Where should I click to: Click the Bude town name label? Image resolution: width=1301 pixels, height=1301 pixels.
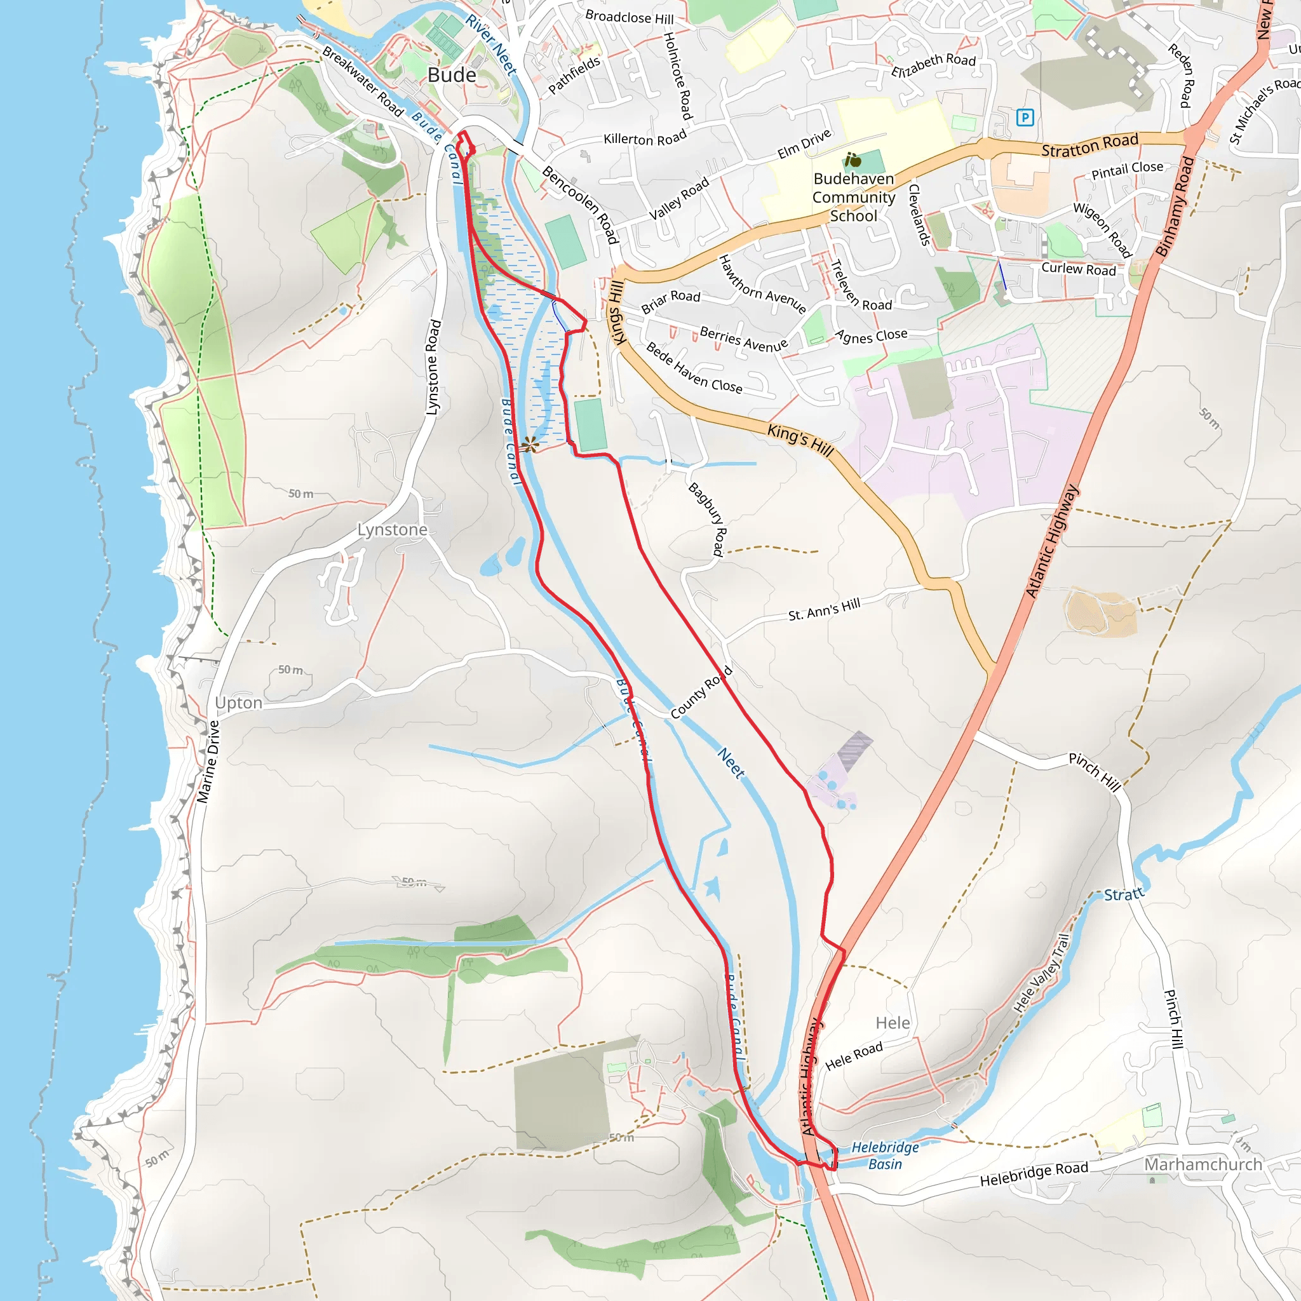click(x=452, y=75)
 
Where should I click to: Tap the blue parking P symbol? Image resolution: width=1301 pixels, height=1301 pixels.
click(x=1024, y=118)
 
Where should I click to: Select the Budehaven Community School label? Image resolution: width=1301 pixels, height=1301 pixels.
click(x=853, y=198)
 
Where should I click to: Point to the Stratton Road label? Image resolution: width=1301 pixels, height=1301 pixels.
click(x=1089, y=145)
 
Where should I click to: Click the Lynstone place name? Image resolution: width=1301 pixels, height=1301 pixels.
click(x=392, y=530)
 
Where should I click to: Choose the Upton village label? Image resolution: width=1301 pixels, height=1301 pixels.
click(x=238, y=703)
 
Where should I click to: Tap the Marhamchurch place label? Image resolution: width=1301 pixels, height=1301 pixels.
click(x=1203, y=1164)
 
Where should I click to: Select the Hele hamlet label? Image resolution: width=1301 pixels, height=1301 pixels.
click(x=893, y=1023)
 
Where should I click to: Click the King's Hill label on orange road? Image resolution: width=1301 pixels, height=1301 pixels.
click(x=800, y=440)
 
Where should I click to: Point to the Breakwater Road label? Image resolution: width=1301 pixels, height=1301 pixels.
click(x=361, y=81)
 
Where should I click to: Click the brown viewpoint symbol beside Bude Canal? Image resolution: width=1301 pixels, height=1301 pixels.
click(x=529, y=445)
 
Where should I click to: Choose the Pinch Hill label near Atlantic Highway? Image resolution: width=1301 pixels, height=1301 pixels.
click(x=1095, y=772)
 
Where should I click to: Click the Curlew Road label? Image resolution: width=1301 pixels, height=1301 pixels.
click(x=1078, y=269)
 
